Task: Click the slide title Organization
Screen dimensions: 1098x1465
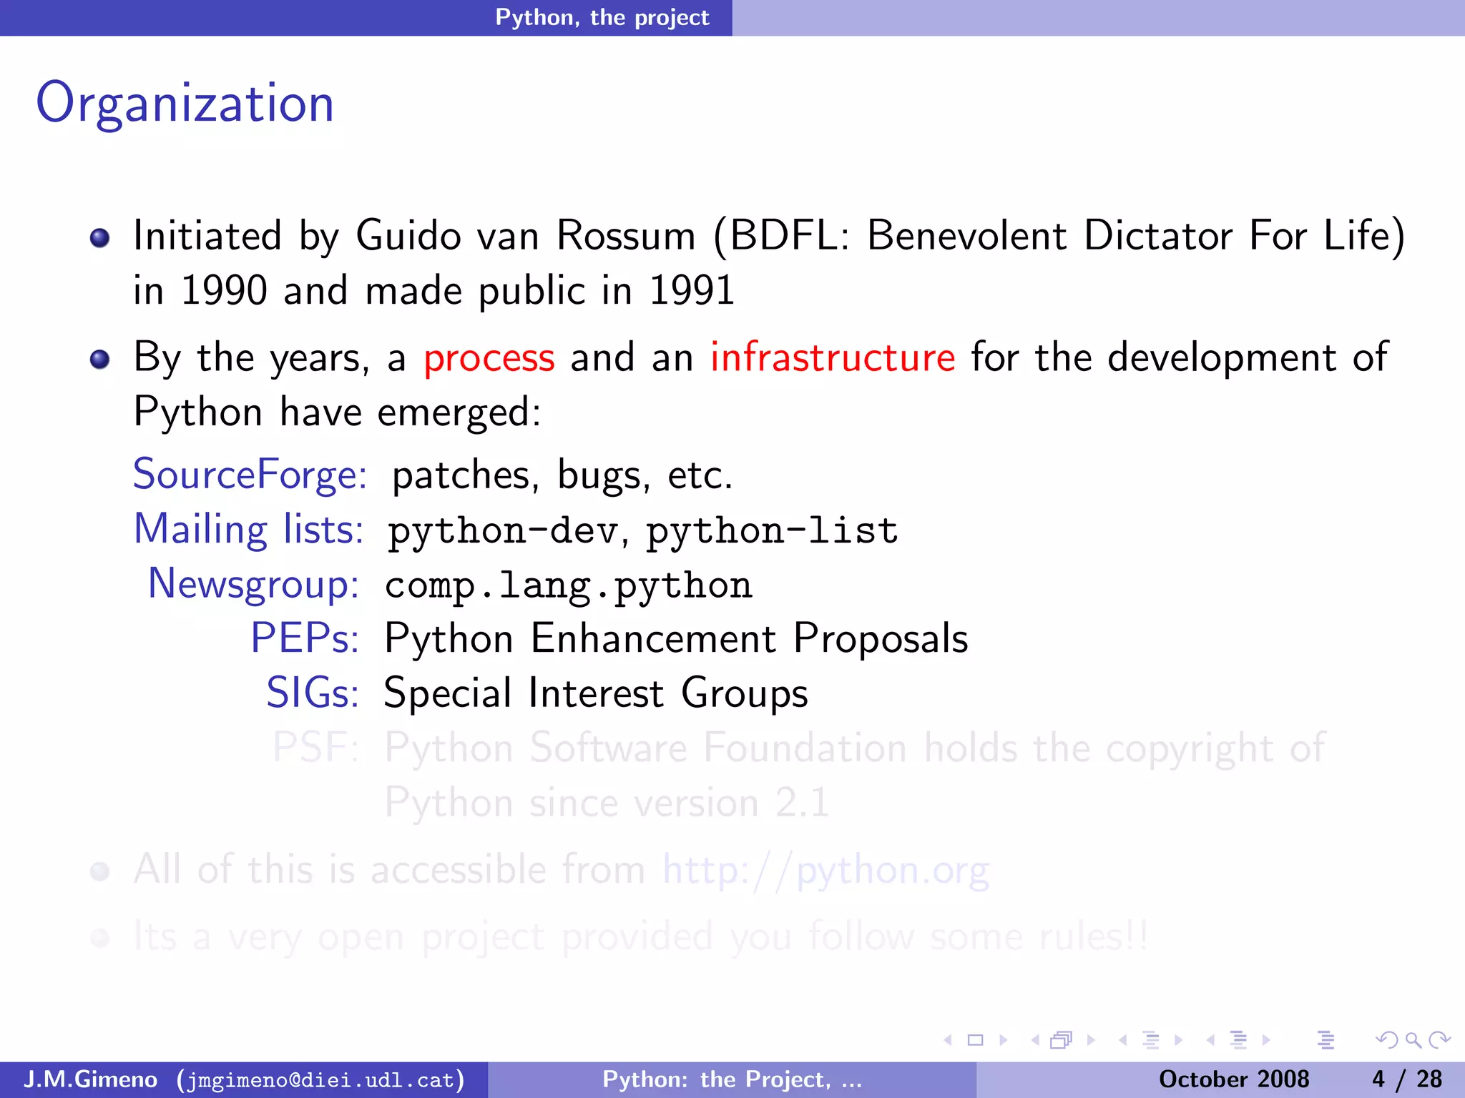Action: click(185, 104)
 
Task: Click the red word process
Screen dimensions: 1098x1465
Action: click(489, 357)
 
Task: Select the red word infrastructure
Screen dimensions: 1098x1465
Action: click(833, 357)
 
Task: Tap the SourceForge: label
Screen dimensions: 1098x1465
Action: click(250, 475)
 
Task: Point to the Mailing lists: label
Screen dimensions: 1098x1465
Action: click(249, 530)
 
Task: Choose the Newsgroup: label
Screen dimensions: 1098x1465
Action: click(253, 584)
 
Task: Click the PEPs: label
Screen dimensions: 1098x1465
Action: click(305, 638)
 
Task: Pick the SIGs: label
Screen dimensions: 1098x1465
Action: click(313, 693)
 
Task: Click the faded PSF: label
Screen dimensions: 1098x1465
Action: click(315, 748)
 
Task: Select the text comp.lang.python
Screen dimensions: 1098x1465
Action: click(569, 585)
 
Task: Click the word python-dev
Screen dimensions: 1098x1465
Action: click(503, 531)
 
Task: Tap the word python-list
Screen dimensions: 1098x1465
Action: click(773, 531)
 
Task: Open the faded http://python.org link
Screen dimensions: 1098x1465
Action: click(825, 870)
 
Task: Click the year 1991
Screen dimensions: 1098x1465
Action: click(692, 291)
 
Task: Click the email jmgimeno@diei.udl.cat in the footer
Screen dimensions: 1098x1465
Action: click(320, 1079)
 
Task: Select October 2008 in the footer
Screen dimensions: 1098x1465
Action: click(1233, 1079)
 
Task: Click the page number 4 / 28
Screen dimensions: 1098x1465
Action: click(1406, 1079)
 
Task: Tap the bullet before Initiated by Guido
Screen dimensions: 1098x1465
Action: click(100, 237)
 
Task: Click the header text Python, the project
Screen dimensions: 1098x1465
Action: click(602, 17)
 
